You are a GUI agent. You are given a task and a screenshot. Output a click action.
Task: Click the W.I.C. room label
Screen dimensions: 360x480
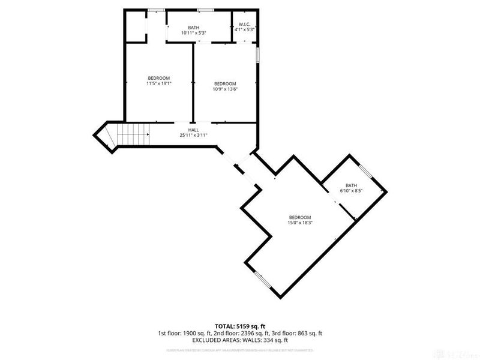(x=244, y=24)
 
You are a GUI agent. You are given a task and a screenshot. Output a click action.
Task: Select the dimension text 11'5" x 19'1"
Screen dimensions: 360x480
(x=159, y=83)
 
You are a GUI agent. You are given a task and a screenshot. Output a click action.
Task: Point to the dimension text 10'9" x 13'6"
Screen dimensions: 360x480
(x=225, y=89)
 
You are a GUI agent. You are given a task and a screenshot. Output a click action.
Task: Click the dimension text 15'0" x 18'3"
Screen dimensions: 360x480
(x=300, y=223)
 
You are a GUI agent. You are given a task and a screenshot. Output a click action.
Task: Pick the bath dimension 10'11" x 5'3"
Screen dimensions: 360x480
(x=193, y=33)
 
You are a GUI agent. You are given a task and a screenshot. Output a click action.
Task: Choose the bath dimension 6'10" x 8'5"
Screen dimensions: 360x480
(x=351, y=190)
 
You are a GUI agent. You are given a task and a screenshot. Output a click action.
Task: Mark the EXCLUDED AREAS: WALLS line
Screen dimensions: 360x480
(x=239, y=340)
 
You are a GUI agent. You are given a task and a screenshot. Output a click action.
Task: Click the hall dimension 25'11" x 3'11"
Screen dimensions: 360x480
(x=193, y=136)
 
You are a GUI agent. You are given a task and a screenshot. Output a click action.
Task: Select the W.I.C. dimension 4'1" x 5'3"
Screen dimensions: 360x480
(x=245, y=29)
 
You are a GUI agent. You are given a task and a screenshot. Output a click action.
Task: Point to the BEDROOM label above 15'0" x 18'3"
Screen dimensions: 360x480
(x=300, y=217)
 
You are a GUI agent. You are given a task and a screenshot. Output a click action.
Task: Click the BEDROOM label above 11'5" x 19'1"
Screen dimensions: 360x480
(x=159, y=78)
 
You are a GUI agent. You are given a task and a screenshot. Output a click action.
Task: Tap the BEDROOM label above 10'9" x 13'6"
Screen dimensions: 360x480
(x=225, y=83)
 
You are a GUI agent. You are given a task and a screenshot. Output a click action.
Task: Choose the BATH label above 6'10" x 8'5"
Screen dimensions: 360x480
(x=351, y=185)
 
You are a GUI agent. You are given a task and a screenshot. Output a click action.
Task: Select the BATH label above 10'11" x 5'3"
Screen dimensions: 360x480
(x=193, y=28)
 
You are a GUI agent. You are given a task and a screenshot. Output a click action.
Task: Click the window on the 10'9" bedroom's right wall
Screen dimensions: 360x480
(x=259, y=55)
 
